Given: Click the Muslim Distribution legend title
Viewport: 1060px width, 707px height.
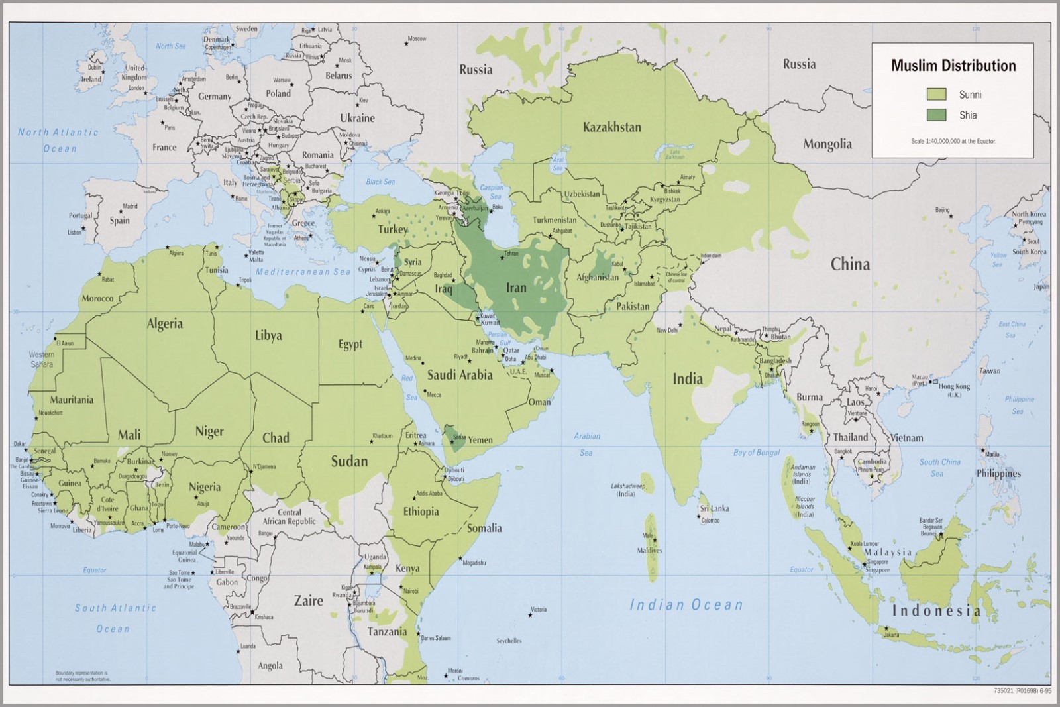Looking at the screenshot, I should (x=953, y=66).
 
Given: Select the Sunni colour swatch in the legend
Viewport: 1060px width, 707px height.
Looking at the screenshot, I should (x=936, y=95).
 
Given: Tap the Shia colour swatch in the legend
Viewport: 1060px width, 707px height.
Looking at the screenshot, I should (x=936, y=115).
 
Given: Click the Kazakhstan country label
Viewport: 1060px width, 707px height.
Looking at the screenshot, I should (x=611, y=127).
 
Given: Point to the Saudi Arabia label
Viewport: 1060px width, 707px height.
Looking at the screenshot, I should (x=459, y=375).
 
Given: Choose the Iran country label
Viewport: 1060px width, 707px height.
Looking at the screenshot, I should (x=516, y=288).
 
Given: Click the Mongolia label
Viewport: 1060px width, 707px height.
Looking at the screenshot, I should (x=827, y=144).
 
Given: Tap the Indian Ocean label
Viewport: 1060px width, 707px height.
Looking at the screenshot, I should (x=686, y=604).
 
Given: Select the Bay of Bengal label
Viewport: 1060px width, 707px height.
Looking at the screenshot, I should (x=756, y=453).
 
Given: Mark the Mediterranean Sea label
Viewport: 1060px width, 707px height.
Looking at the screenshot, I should (x=303, y=272).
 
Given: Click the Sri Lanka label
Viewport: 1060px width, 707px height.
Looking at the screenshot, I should (x=714, y=508).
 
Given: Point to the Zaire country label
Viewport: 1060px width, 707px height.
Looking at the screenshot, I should (x=309, y=601).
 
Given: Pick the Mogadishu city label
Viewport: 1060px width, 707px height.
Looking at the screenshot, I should (x=474, y=563).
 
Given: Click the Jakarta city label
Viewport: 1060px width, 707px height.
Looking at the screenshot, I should (x=891, y=635).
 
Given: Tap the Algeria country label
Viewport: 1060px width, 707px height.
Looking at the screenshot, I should (x=164, y=324).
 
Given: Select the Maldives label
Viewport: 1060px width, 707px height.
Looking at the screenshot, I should (x=649, y=551).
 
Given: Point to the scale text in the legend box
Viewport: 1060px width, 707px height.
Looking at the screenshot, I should (x=953, y=141).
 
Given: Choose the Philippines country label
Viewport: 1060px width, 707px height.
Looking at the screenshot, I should (x=998, y=474).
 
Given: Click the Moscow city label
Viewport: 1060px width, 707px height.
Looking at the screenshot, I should (x=417, y=39).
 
